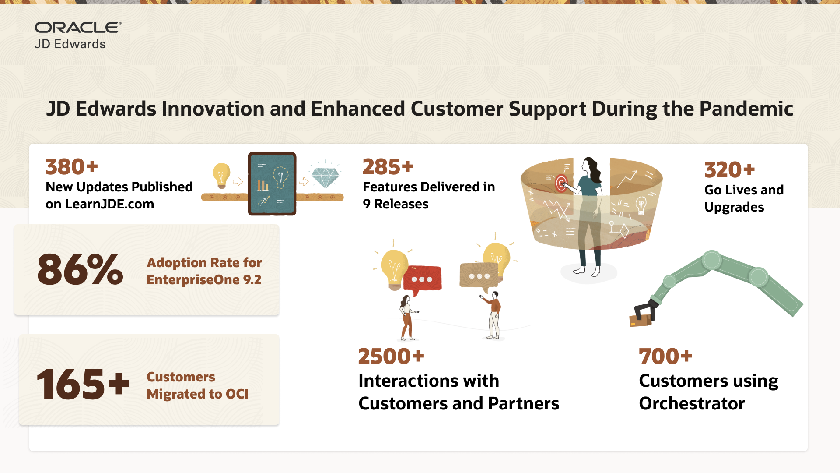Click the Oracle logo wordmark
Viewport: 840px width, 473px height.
[x=77, y=28]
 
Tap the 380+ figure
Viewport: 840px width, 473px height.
[x=72, y=167]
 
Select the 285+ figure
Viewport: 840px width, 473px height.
[x=388, y=167]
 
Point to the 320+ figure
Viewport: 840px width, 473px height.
[x=729, y=170]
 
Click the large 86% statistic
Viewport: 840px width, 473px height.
[x=80, y=270]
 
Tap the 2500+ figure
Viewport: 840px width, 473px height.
[x=391, y=357]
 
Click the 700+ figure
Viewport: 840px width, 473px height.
[x=665, y=357]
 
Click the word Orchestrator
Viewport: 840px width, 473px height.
[x=692, y=403]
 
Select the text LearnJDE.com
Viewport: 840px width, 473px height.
[x=109, y=204]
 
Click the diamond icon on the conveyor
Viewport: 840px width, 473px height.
[x=325, y=177]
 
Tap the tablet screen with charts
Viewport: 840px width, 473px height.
[x=272, y=184]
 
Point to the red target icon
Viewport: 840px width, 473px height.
[x=561, y=183]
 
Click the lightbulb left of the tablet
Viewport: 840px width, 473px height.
[x=221, y=175]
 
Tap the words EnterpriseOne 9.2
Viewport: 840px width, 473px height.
[x=203, y=280]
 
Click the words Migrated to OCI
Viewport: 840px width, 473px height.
[x=197, y=394]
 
